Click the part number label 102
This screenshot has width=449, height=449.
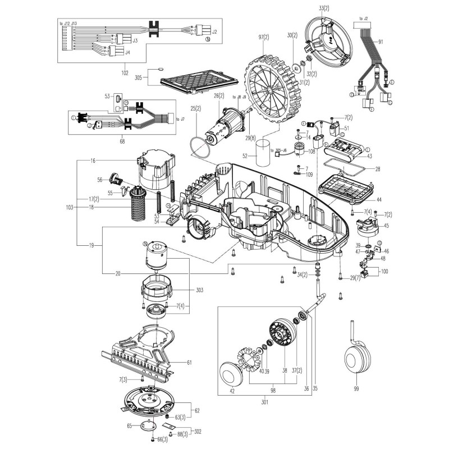(125, 73)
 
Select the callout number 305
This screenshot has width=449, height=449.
(139, 78)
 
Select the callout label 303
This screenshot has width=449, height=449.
(199, 290)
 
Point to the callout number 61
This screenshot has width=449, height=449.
(189, 363)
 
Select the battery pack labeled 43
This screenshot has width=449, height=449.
(348, 150)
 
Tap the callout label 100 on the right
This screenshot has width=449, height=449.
(384, 271)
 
